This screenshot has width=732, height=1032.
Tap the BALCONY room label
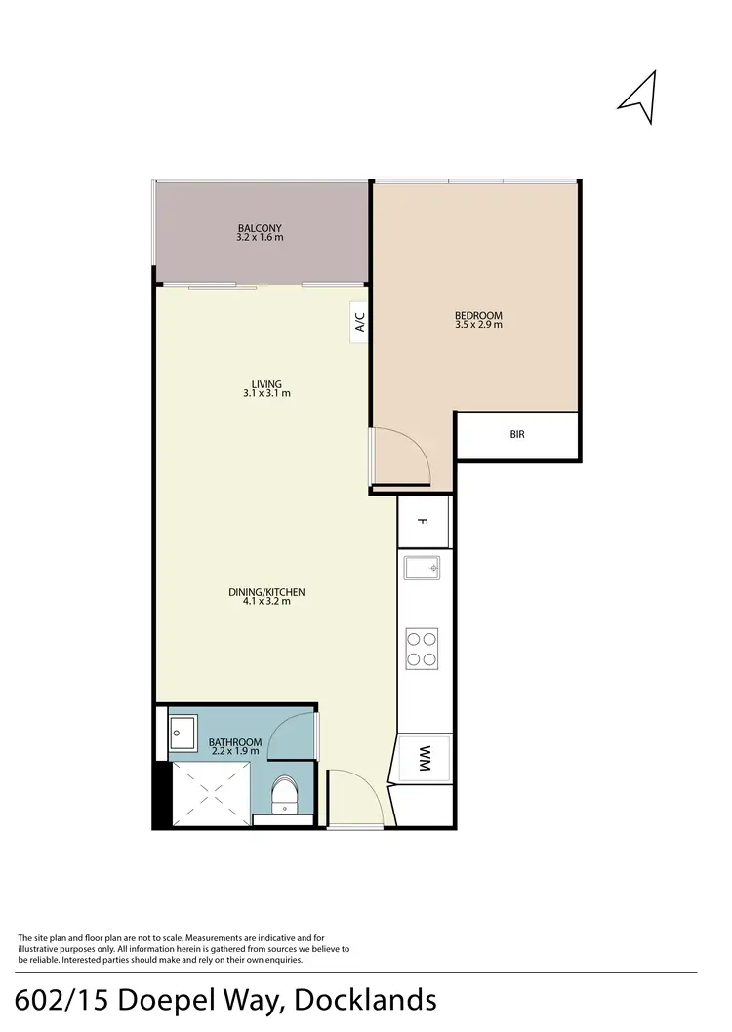pos(260,228)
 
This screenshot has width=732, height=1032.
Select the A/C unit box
pos(359,322)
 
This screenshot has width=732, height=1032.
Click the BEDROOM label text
pos(478,315)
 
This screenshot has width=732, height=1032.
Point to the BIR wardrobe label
pos(517,434)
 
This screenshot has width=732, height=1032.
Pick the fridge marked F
pos(424,522)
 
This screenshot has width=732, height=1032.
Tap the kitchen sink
pos(423,568)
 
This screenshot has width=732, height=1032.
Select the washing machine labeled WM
pos(425,759)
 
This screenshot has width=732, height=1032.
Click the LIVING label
pos(266,384)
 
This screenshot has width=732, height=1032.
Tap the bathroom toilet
pos(283,795)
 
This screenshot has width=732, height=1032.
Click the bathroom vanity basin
pos(183,729)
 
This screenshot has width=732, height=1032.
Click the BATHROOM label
pos(235,743)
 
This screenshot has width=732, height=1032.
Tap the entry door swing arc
pos(348,790)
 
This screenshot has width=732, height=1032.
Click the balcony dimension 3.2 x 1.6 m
pos(260,238)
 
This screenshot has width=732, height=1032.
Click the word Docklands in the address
pos(366,1001)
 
